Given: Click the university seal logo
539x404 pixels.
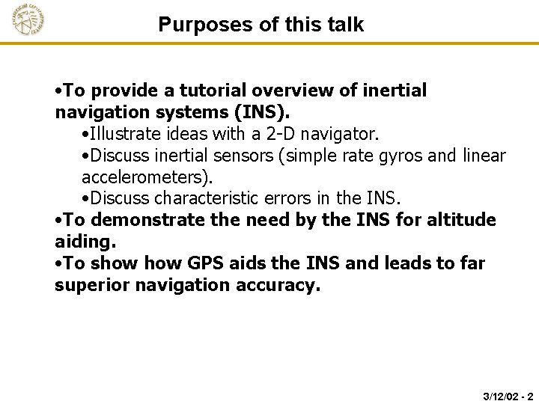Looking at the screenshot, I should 28,21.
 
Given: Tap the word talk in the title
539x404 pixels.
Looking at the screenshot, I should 344,25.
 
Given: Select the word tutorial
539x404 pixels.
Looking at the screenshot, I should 205,91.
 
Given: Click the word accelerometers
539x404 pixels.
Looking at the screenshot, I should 147,178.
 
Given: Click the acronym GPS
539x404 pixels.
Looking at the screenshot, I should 201,263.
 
